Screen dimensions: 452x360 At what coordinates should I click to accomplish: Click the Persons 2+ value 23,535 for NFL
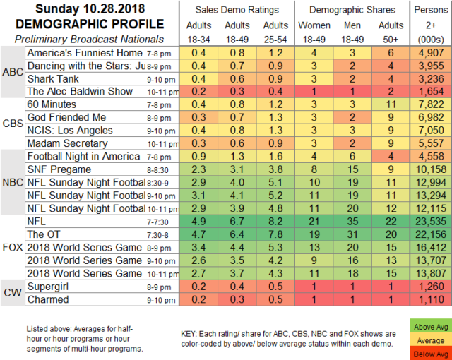click(431, 222)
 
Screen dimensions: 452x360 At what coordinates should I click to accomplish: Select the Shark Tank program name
click(53, 79)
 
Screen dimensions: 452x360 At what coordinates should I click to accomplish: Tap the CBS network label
click(13, 124)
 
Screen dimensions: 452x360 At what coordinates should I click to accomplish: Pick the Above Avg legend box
click(431, 327)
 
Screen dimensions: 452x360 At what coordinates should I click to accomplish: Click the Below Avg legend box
click(431, 354)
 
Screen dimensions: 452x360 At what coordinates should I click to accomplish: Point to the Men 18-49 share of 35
click(352, 222)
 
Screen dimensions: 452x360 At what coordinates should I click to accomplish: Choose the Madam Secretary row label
click(68, 143)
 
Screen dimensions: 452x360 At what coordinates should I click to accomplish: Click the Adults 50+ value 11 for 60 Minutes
click(391, 104)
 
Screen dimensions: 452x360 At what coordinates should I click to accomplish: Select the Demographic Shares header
click(352, 10)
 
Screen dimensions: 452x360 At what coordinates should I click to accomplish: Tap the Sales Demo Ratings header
click(237, 10)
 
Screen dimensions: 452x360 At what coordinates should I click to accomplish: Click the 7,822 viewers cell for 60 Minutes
click(431, 104)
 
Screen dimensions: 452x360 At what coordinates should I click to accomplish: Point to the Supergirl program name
click(48, 287)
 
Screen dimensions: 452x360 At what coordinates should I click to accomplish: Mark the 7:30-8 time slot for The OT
click(157, 235)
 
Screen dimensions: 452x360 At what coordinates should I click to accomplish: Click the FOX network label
click(13, 247)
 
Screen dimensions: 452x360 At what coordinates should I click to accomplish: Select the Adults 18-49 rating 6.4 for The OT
click(237, 234)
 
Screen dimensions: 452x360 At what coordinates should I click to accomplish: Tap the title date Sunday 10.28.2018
click(90, 8)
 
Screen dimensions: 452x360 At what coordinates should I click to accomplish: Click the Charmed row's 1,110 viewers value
click(431, 299)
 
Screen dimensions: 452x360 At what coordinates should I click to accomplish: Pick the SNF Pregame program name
click(59, 169)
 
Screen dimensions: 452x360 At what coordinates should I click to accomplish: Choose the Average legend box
click(431, 340)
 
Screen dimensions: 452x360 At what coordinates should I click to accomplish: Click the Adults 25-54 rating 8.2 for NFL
click(275, 222)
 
